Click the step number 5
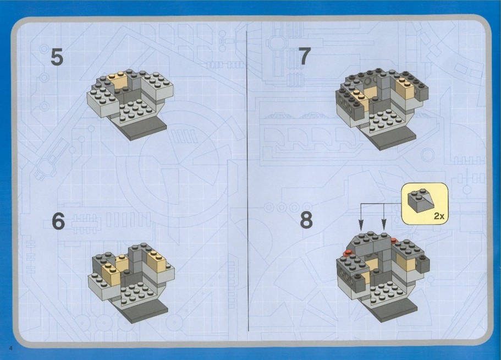(57, 57)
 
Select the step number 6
(58, 221)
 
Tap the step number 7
(304, 56)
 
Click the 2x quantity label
(439, 216)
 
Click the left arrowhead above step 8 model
(361, 225)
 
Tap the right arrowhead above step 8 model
(384, 225)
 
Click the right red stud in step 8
(393, 239)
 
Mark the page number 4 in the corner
(10, 348)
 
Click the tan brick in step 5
(121, 82)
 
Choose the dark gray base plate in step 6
(147, 309)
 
